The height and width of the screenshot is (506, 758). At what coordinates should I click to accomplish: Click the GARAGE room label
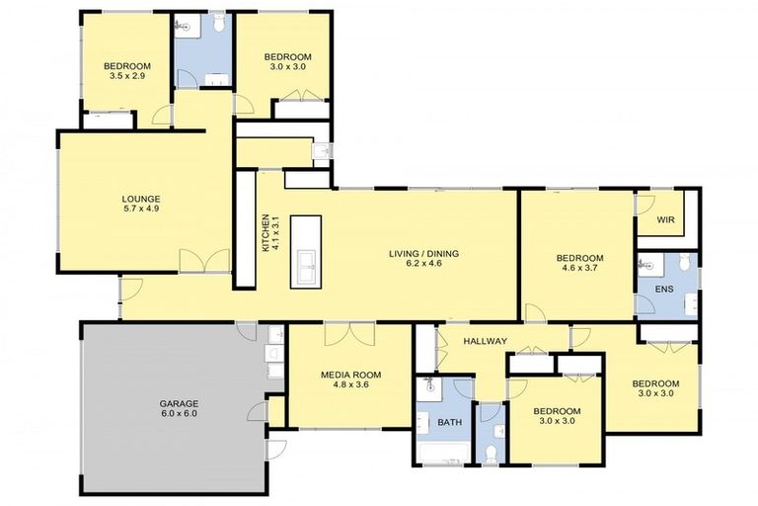(x=180, y=403)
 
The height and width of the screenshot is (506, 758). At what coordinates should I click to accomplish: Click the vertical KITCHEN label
(x=265, y=233)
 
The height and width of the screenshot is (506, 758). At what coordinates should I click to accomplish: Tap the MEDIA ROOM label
(x=350, y=375)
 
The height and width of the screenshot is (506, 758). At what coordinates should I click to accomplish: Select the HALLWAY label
(x=485, y=341)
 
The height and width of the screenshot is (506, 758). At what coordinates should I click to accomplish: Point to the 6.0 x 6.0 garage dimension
(x=180, y=414)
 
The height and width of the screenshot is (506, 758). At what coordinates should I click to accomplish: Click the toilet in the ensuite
(x=648, y=265)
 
